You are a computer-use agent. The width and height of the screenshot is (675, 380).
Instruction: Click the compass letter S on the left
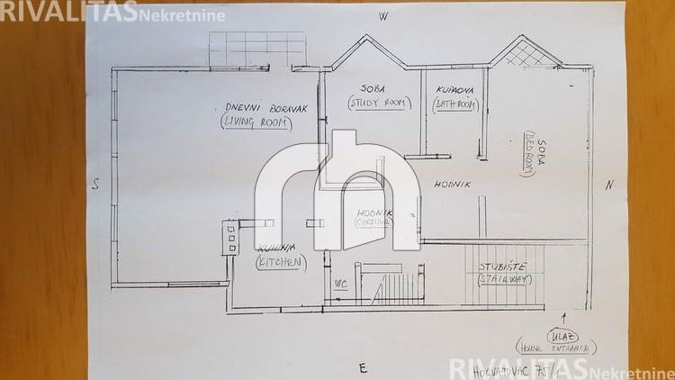pyautogui.click(x=94, y=185)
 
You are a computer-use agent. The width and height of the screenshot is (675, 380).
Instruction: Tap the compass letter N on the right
pyautogui.click(x=609, y=185)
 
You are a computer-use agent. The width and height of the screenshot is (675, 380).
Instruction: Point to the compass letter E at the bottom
pyautogui.click(x=362, y=367)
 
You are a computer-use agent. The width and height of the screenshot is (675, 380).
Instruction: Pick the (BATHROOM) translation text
pyautogui.click(x=455, y=104)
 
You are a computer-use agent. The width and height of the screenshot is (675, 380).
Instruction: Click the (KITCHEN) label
pyautogui.click(x=281, y=263)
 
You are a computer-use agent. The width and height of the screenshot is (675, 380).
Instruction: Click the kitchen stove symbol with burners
pyautogui.click(x=231, y=238)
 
